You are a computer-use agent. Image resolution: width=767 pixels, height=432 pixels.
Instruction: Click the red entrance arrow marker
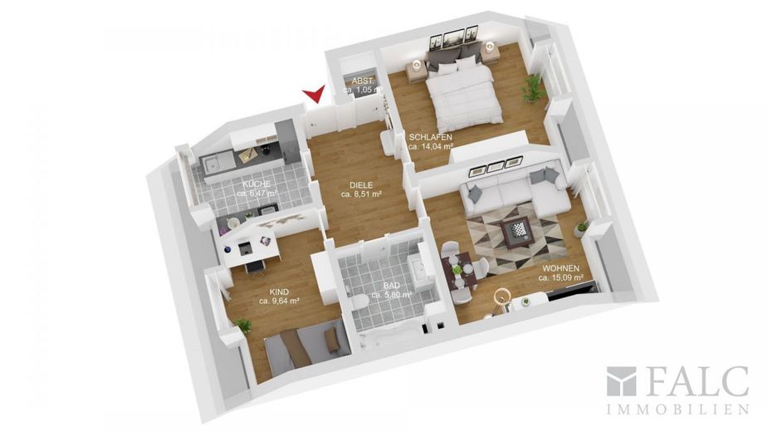(315, 94)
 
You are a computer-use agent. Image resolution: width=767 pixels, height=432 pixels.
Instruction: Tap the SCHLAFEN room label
(431, 137)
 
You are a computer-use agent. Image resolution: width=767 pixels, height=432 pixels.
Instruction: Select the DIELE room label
(361, 185)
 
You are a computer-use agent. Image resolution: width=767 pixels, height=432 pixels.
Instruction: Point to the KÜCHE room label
(256, 184)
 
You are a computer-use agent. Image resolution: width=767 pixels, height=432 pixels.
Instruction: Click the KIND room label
(279, 292)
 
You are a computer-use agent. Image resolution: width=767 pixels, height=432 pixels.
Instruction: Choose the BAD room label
(391, 286)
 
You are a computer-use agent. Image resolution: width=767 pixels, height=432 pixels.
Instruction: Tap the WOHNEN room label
(560, 268)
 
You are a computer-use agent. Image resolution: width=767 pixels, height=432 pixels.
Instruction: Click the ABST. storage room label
(364, 81)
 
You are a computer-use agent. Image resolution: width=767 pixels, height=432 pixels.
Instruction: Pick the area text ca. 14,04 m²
(431, 146)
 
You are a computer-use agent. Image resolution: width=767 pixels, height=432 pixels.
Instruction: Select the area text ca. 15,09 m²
(560, 277)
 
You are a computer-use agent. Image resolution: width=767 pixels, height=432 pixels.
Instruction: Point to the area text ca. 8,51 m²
(361, 194)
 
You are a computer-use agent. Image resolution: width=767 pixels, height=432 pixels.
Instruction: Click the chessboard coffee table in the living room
(517, 232)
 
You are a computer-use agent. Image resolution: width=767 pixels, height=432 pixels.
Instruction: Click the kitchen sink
(214, 163)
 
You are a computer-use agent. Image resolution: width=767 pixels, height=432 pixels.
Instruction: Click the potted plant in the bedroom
(532, 89)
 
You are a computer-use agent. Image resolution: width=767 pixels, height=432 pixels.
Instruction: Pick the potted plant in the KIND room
(243, 326)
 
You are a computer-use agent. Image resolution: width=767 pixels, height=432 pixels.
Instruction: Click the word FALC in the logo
(694, 380)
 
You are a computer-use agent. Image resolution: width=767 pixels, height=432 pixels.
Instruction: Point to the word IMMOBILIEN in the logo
(678, 410)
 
